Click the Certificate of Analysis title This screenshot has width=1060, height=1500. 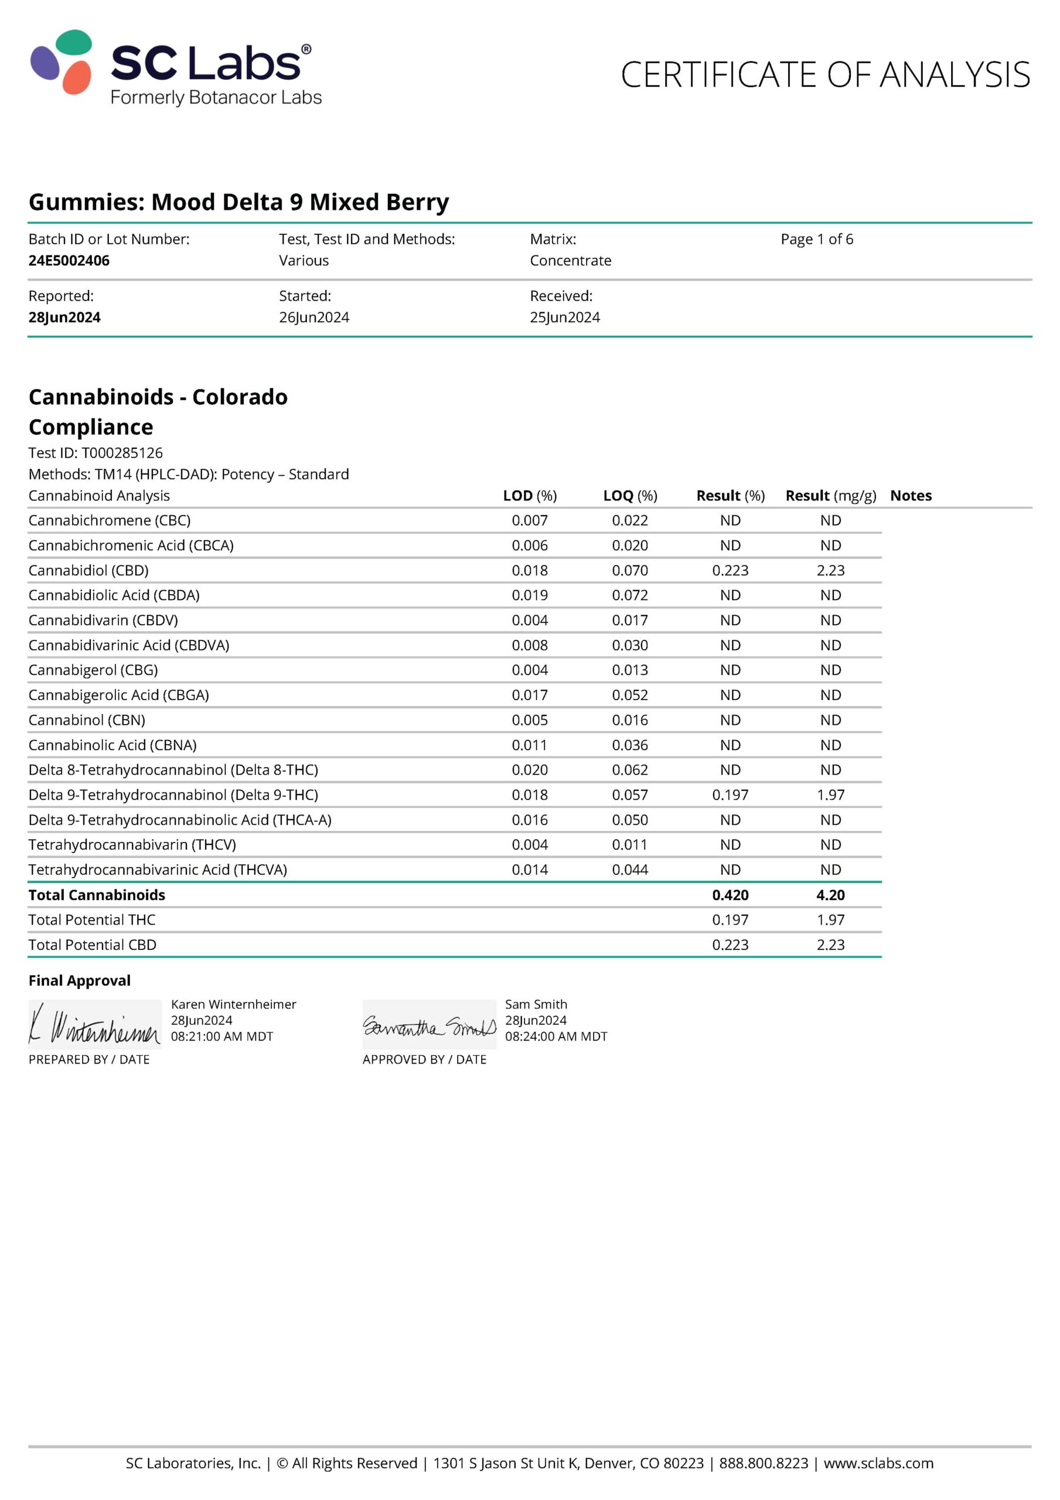coord(824,74)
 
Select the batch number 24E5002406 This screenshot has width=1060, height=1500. coord(69,260)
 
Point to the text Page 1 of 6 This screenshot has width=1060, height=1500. coord(816,239)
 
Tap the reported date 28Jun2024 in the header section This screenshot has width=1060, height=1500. coord(64,317)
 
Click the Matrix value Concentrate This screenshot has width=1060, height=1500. coord(570,260)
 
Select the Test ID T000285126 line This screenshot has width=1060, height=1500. coord(96,453)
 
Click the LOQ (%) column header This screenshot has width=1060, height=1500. coord(629,495)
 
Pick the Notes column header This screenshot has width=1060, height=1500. coord(911,495)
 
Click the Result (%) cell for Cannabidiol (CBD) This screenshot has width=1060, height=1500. coord(730,570)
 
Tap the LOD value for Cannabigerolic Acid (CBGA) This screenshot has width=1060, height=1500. coord(529,695)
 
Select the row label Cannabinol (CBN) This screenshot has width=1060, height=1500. coord(87,720)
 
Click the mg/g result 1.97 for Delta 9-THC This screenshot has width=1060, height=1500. coord(830,795)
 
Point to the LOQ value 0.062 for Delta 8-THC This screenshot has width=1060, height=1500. coord(629,769)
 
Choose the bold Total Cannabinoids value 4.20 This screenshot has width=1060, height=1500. coord(830,895)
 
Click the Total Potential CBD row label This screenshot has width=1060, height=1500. coord(92,945)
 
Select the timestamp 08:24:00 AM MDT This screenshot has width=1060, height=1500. coord(555,1036)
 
